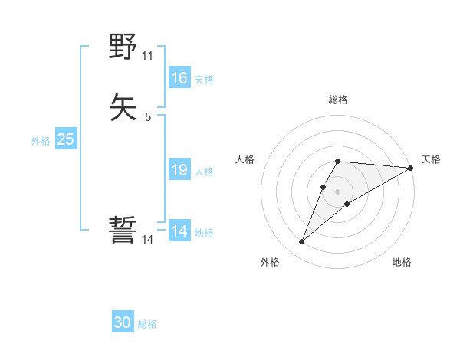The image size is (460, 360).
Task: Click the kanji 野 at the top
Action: click(x=123, y=48)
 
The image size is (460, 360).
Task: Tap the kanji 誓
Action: click(x=123, y=230)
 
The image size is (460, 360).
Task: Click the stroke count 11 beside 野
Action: click(x=148, y=56)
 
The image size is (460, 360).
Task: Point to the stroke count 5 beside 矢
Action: click(x=148, y=116)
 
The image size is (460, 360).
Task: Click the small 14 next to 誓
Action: click(x=148, y=239)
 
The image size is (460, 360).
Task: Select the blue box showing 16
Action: click(x=179, y=78)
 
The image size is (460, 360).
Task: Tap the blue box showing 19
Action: click(x=179, y=170)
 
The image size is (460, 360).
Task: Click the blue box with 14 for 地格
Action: click(x=179, y=231)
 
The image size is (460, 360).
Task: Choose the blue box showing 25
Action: click(x=66, y=139)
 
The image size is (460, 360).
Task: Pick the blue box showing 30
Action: click(x=123, y=322)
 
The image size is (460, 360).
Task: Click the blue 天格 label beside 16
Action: click(x=204, y=80)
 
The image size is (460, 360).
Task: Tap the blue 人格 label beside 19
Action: click(x=204, y=172)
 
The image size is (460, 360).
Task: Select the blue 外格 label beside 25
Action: click(x=41, y=141)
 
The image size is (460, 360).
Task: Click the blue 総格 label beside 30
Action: click(x=147, y=324)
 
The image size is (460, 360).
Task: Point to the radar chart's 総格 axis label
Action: click(x=338, y=100)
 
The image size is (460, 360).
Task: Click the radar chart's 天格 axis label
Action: click(x=431, y=159)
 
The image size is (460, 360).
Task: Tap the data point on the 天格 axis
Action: click(x=411, y=168)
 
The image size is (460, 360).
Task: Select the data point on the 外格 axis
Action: click(x=302, y=242)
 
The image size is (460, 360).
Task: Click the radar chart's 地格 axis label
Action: click(x=402, y=263)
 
